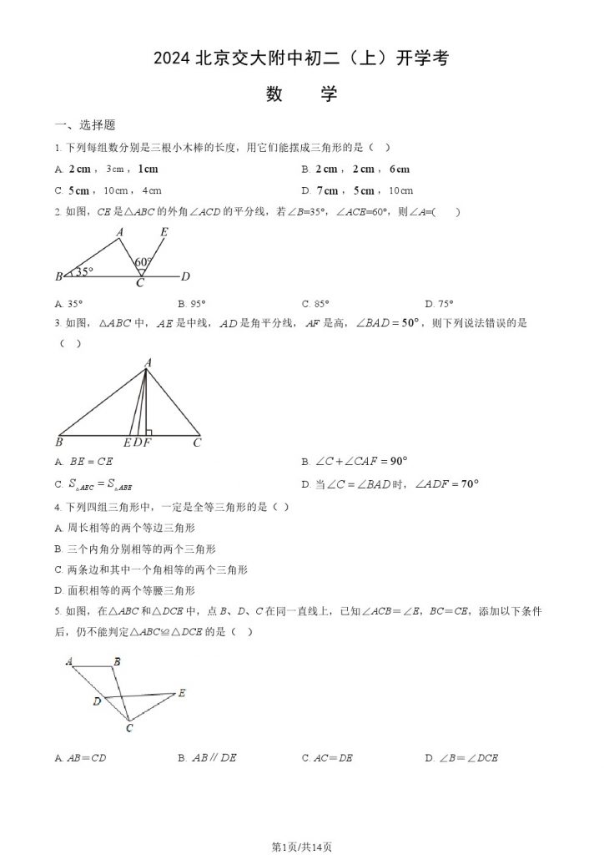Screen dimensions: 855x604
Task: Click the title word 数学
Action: click(x=301, y=94)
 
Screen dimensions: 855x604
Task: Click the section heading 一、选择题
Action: click(x=84, y=125)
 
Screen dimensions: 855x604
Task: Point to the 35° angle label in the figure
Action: click(x=83, y=271)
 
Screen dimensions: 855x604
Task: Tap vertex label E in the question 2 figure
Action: click(x=164, y=232)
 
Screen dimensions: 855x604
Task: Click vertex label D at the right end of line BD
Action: click(x=186, y=276)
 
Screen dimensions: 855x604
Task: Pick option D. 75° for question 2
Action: click(x=439, y=304)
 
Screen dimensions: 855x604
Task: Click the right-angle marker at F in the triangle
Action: click(x=148, y=433)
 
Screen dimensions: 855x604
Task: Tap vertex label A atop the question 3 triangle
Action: click(x=148, y=362)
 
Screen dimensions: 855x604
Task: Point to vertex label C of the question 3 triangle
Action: click(x=198, y=443)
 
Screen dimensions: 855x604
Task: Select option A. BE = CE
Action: click(x=83, y=461)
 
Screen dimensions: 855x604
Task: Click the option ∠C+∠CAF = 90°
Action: click(x=354, y=461)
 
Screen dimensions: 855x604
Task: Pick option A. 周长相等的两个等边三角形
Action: click(x=125, y=528)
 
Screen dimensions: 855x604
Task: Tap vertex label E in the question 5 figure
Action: click(x=182, y=693)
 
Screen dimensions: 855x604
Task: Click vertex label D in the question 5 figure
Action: click(x=97, y=701)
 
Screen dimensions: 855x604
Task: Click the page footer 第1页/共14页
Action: click(x=302, y=846)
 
